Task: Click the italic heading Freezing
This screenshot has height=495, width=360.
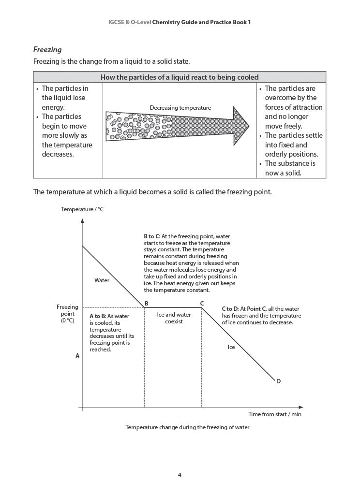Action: [47, 50]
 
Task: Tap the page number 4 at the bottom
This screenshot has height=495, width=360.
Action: [180, 475]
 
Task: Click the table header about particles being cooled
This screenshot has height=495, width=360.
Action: [180, 77]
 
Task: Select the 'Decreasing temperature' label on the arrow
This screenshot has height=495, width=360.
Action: [180, 108]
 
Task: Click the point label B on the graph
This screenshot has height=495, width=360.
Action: [146, 304]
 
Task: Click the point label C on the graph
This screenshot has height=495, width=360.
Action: [202, 304]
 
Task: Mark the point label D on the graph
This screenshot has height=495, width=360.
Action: [278, 381]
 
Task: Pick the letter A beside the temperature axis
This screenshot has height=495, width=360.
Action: [77, 356]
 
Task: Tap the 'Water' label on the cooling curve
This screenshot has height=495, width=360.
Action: [102, 280]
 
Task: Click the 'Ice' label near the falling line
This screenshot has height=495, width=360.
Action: [231, 347]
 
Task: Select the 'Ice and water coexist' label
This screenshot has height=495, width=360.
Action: [174, 318]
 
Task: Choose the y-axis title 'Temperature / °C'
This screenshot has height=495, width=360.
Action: [82, 209]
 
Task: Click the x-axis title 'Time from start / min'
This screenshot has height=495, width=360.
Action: [275, 414]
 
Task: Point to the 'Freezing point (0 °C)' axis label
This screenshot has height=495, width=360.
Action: [67, 314]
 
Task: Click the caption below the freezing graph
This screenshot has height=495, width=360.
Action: [187, 427]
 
